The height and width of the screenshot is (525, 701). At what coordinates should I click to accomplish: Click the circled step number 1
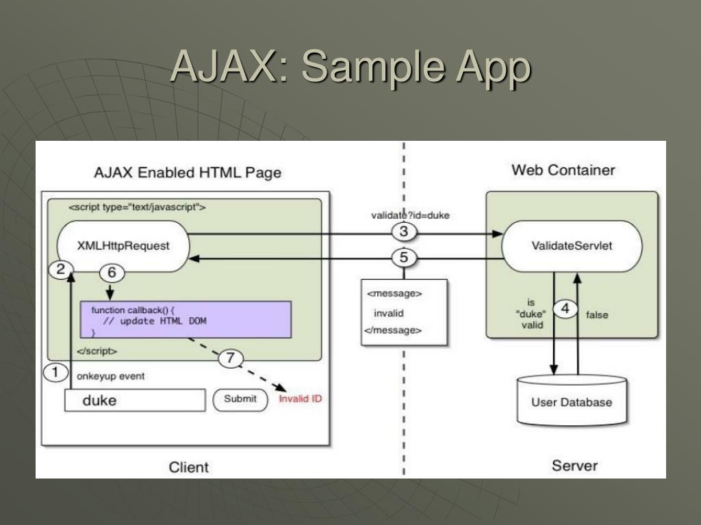[x=55, y=372]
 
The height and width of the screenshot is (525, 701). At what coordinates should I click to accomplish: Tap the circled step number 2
[x=61, y=269]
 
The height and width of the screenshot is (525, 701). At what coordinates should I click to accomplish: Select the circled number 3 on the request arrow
[x=404, y=231]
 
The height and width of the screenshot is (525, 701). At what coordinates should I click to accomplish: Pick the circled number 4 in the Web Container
[x=565, y=308]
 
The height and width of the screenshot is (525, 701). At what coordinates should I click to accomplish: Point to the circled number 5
[x=404, y=258]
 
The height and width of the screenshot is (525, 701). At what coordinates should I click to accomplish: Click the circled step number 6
[x=112, y=272]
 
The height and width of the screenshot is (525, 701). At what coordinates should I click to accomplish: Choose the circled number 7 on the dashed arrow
[x=230, y=358]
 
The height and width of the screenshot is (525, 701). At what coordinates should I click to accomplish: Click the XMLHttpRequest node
[x=123, y=246]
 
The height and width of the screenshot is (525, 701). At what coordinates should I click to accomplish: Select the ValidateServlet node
[x=572, y=246]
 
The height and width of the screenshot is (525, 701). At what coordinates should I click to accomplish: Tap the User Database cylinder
[x=572, y=400]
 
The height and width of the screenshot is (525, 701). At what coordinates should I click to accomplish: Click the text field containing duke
[x=135, y=400]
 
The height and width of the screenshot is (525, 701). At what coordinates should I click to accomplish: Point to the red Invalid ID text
[x=300, y=399]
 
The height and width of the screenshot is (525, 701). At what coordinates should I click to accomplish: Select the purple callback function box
[x=186, y=320]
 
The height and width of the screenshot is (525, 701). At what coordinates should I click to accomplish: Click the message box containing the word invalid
[x=404, y=312]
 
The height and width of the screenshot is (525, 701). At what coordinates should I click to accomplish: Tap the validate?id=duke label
[x=410, y=215]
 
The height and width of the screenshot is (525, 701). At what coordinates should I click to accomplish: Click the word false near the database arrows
[x=597, y=314]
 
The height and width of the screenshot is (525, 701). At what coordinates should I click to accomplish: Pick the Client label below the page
[x=189, y=468]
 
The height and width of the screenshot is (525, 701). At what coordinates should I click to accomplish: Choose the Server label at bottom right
[x=574, y=466]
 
